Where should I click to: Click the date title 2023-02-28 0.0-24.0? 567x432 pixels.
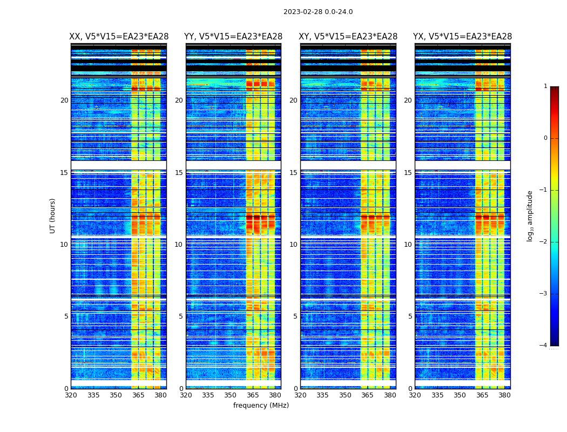click(318, 12)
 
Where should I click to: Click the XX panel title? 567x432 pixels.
click(119, 37)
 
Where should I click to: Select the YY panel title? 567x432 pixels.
click(233, 37)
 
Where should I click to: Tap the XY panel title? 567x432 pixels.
click(348, 37)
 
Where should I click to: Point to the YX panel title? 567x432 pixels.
click(462, 37)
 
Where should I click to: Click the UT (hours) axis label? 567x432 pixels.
click(53, 215)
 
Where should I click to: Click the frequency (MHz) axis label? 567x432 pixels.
click(261, 406)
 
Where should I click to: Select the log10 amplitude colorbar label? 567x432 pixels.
click(530, 215)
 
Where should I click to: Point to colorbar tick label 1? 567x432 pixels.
click(545, 86)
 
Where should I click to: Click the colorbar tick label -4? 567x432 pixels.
click(544, 346)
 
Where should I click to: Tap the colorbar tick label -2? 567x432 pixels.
click(544, 242)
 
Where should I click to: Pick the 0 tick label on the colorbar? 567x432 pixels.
click(545, 138)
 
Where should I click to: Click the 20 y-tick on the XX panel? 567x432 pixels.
click(64, 100)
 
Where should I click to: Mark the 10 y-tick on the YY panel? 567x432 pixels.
click(179, 245)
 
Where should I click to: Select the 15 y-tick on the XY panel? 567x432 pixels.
click(293, 173)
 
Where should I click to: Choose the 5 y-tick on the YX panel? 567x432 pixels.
click(410, 316)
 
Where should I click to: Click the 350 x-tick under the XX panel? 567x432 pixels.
click(116, 395)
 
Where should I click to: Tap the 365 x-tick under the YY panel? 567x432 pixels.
click(253, 395)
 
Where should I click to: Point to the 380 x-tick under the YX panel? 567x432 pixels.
click(504, 395)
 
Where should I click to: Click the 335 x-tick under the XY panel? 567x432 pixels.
click(322, 395)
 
